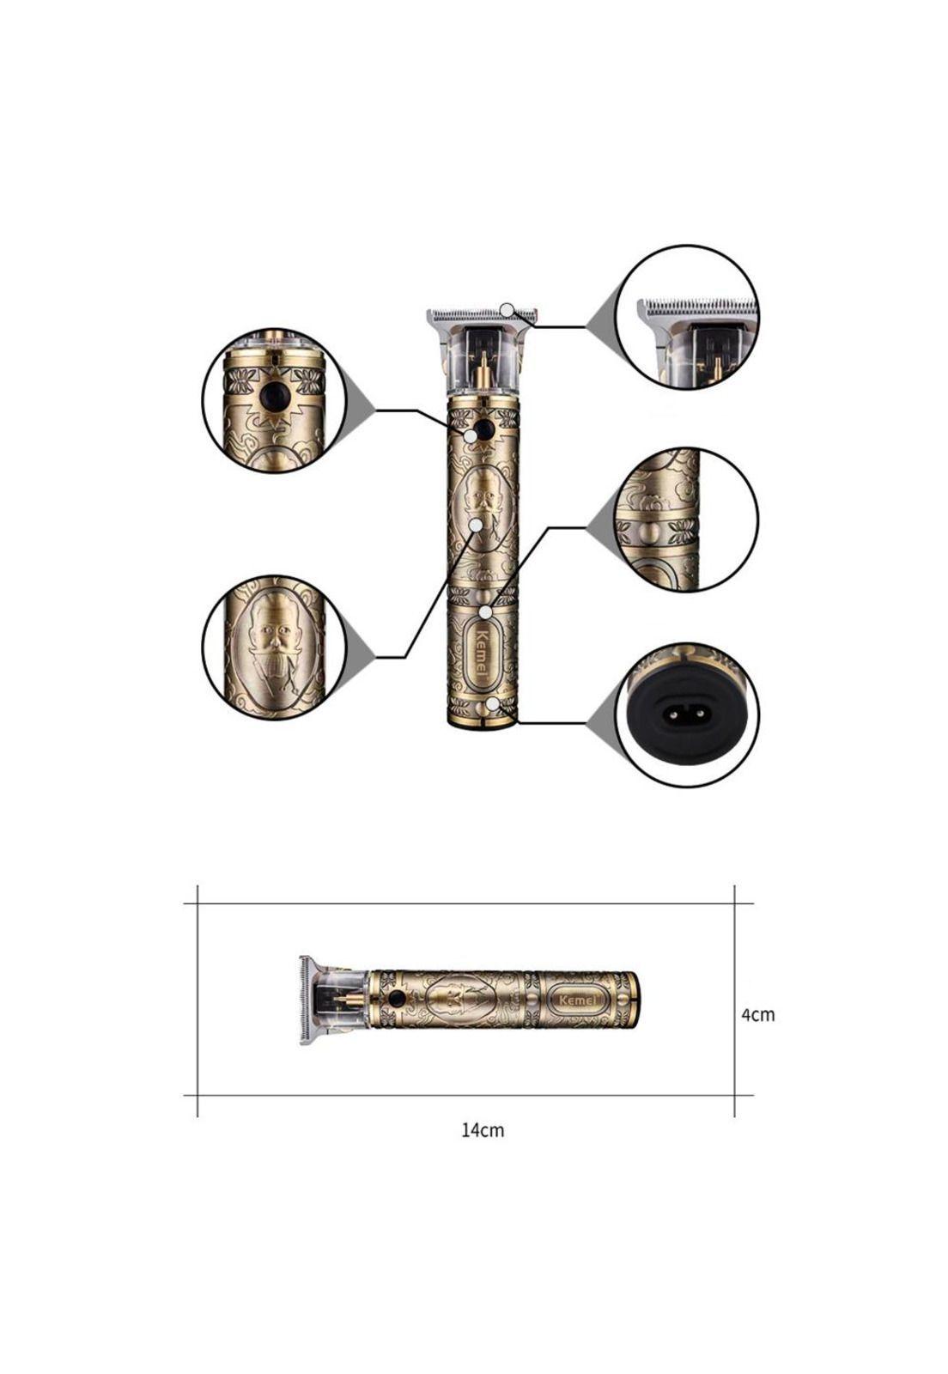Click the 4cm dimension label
758,1015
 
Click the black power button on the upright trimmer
483,428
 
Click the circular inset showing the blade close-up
688,317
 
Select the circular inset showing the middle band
688,519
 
